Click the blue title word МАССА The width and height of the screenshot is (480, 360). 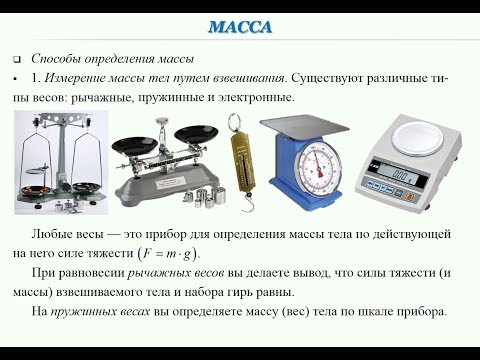[x=240, y=27]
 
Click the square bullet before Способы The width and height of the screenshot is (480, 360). [x=16, y=60]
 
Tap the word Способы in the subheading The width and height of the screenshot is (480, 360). [x=55, y=59]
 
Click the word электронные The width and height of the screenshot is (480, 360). [x=256, y=98]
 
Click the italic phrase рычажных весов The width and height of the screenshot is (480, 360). [x=176, y=273]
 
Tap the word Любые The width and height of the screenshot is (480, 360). [x=50, y=234]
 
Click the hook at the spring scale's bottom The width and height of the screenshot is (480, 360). [x=247, y=203]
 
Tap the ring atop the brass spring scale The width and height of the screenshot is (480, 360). [x=236, y=122]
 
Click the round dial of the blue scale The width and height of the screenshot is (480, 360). [x=319, y=167]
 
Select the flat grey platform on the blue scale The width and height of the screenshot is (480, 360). [x=304, y=126]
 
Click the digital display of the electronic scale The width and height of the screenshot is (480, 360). [x=401, y=175]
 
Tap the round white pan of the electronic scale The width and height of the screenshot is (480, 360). [x=418, y=139]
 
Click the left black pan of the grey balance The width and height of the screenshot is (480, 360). [x=135, y=146]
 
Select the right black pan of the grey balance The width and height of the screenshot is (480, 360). [x=197, y=134]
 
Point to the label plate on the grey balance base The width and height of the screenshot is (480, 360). [x=170, y=182]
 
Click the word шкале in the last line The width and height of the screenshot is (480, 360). [x=375, y=312]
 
